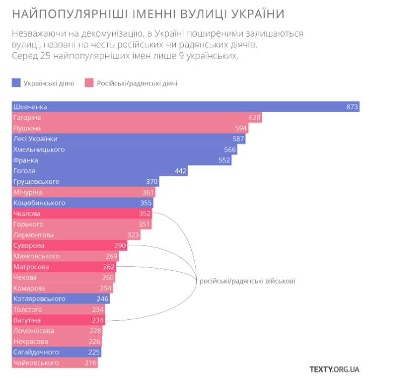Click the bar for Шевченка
pos(185,107)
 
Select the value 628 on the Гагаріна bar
pos(254,118)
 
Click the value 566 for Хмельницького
pos(230,149)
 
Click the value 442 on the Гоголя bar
pos(181,171)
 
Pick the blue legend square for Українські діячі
pos(16,83)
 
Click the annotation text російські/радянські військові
pos(247,281)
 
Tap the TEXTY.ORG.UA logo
pos(334,369)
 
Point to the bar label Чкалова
pos(26,214)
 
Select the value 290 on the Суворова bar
pos(120,246)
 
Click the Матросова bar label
pos(31,267)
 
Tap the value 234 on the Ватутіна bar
pos(98,320)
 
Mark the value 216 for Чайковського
pos(91,363)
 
